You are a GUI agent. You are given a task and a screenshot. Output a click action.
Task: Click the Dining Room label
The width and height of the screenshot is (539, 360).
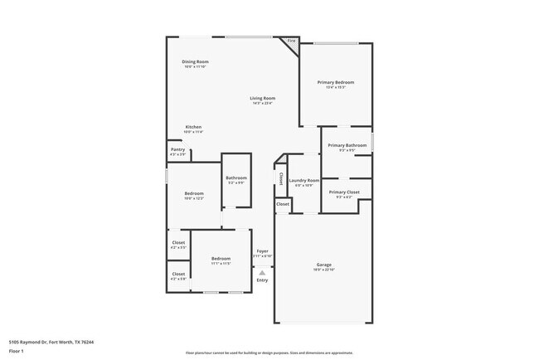point(196,61)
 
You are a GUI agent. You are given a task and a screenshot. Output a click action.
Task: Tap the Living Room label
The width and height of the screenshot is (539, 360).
point(263,98)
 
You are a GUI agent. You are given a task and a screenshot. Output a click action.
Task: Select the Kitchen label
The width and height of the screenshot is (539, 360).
point(193,127)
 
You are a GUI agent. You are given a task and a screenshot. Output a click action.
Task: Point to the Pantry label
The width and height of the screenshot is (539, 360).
point(178,149)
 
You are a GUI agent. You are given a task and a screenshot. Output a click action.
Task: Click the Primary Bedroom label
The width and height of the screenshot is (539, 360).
point(336,82)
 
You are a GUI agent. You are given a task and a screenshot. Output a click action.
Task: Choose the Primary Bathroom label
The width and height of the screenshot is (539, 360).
point(347,145)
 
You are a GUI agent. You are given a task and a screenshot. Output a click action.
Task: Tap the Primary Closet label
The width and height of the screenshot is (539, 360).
point(343,192)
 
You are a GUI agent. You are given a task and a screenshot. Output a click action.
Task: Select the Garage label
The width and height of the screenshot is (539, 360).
point(323,265)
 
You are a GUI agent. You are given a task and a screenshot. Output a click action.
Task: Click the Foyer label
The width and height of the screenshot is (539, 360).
point(262,251)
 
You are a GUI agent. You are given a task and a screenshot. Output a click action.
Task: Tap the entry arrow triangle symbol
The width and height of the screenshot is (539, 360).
point(262,272)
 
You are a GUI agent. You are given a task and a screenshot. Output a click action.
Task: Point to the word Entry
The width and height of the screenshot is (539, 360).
point(262,280)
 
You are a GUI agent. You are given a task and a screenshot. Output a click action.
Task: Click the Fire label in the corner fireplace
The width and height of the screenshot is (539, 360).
point(291,40)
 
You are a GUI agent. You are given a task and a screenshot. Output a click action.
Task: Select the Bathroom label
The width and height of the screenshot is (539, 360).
point(236,177)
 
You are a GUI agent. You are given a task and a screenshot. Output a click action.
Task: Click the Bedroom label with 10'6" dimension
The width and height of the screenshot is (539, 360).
point(193,193)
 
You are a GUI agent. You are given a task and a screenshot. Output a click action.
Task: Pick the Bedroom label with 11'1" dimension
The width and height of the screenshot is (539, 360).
point(220,258)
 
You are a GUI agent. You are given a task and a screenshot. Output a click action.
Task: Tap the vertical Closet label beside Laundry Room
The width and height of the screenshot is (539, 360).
point(281,178)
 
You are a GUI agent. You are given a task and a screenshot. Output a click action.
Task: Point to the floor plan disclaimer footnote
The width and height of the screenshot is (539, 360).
point(269,353)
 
